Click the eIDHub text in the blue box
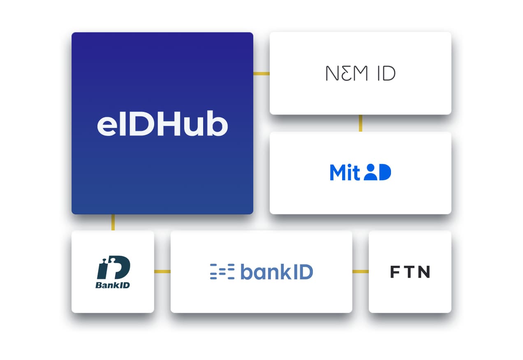tap(162, 124)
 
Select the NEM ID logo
tap(360, 74)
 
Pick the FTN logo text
tap(410, 272)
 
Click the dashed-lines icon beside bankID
tap(222, 272)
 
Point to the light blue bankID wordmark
tap(276, 272)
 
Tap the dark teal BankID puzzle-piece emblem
tap(113, 267)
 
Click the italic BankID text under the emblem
tap(113, 285)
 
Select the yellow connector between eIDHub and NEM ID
tap(261, 74)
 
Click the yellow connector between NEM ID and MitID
tap(361, 123)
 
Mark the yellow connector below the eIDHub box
tap(113, 222)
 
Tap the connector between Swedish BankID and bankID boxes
tap(162, 272)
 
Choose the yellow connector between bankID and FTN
tap(360, 272)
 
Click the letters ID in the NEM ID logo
tap(386, 74)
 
